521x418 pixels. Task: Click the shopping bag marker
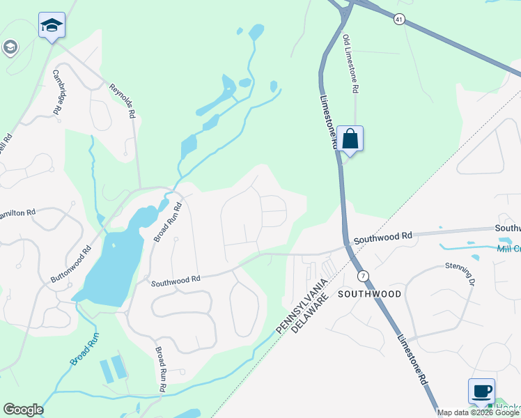click(x=350, y=139)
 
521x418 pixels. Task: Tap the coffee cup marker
click(x=481, y=391)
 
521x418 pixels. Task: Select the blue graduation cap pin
click(x=51, y=26)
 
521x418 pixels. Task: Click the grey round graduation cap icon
click(x=10, y=47)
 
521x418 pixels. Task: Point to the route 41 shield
click(x=398, y=20)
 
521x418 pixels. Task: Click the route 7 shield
click(x=363, y=276)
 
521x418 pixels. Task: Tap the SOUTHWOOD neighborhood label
click(x=369, y=294)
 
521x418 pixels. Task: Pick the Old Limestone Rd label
click(x=350, y=65)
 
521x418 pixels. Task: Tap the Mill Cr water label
click(x=508, y=249)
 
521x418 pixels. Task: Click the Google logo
click(x=23, y=410)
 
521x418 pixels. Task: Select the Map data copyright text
click(x=478, y=412)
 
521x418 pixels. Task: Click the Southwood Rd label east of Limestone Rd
click(x=382, y=238)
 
